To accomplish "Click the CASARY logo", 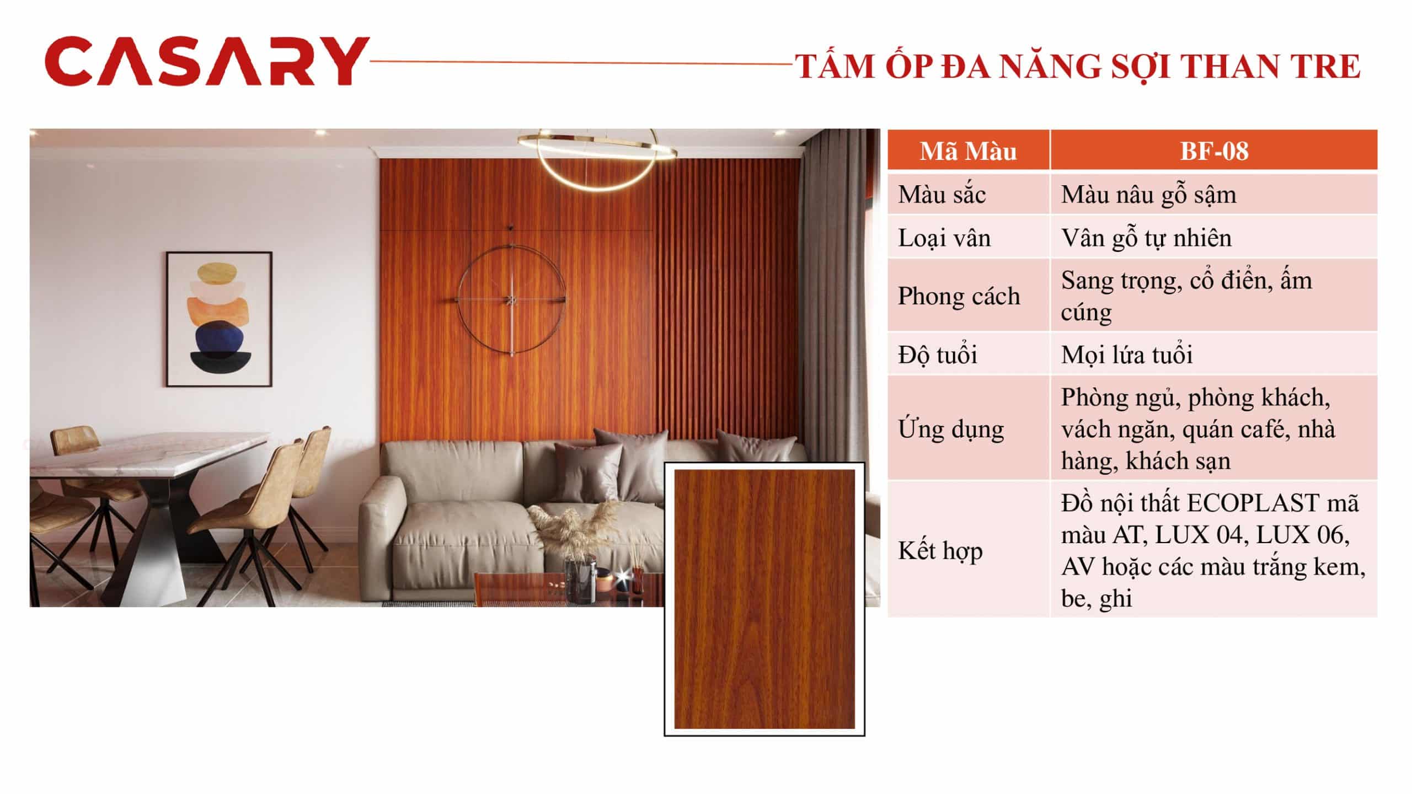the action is tap(207, 61).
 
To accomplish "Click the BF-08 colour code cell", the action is tap(1213, 151).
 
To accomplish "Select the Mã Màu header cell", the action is tap(968, 151).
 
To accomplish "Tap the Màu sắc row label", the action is tap(968, 195).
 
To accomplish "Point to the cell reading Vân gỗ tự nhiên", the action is tap(1213, 238).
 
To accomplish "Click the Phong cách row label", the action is tap(968, 296).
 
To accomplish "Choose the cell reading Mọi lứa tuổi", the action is tap(1213, 354).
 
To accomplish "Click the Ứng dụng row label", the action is tap(968, 428).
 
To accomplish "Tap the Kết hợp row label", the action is tap(968, 550).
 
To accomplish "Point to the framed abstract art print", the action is tap(220, 319).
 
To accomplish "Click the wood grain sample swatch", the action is tap(764, 599).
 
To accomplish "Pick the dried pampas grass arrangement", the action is tap(574, 527).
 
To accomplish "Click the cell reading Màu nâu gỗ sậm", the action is tap(1213, 195).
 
